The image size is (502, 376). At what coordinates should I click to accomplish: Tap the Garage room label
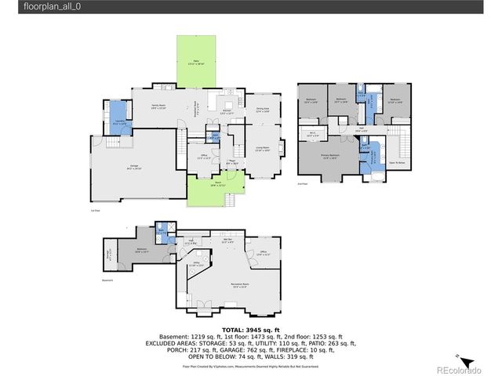(x=123, y=168)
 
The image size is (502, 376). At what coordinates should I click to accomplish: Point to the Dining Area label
(x=262, y=110)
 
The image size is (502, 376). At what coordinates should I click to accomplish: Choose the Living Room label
(x=262, y=148)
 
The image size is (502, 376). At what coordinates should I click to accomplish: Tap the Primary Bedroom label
(x=330, y=156)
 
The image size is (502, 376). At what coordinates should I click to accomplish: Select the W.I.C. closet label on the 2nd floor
(x=312, y=133)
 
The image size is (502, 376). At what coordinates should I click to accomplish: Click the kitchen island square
(x=227, y=104)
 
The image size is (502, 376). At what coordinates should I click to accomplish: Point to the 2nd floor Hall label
(x=362, y=128)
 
